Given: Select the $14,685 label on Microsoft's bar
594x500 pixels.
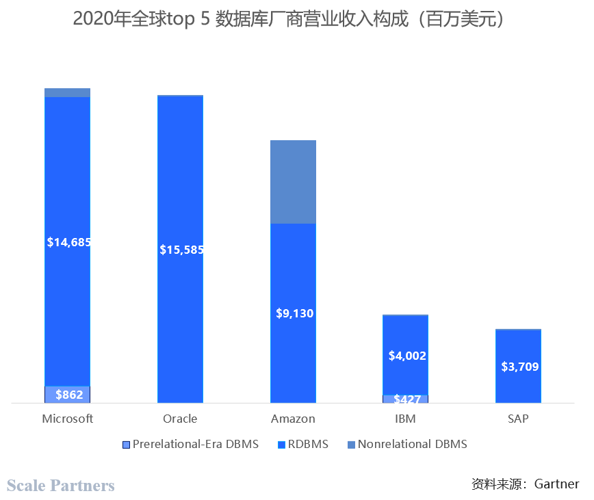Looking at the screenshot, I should tap(68, 242).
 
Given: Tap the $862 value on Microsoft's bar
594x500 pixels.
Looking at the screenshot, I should tap(68, 395).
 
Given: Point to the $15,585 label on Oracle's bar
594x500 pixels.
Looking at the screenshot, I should tap(181, 250).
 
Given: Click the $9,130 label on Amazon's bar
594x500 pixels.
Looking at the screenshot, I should tap(294, 314).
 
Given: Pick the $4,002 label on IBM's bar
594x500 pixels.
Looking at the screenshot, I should tap(406, 356).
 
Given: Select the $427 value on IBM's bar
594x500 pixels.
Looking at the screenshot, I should tap(406, 399).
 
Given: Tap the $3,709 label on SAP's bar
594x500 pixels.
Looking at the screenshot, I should tap(519, 367).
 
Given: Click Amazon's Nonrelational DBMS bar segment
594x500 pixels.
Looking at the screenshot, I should tap(293, 182).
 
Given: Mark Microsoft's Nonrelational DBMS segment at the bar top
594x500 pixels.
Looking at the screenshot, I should tap(67, 92).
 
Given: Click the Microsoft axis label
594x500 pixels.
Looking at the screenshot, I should tap(67, 419).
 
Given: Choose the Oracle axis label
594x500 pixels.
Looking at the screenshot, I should tap(180, 419).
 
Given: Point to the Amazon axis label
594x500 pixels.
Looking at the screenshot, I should tap(293, 419).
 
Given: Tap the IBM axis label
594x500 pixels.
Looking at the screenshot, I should tap(405, 419).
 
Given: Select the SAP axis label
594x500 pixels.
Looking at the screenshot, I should tap(518, 419).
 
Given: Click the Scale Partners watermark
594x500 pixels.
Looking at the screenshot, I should tap(61, 486).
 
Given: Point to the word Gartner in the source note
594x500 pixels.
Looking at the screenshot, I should tap(556, 484).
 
